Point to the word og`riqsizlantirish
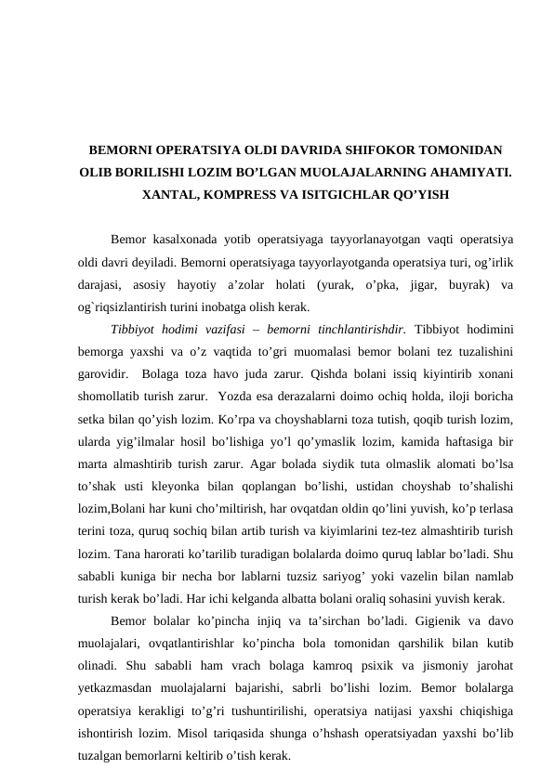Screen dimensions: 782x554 (x=129, y=306)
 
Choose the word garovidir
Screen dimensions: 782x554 (x=104, y=373)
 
